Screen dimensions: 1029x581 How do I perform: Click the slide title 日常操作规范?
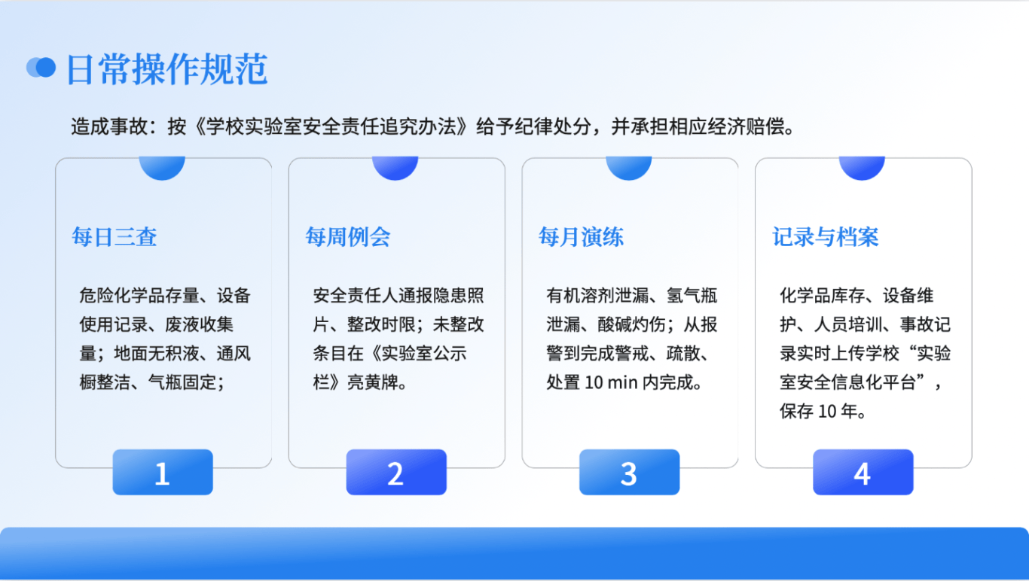tap(167, 68)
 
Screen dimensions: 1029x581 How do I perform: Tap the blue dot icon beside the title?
tap(41, 68)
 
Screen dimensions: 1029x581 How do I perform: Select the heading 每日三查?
tap(115, 237)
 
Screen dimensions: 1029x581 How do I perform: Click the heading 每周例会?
tap(348, 237)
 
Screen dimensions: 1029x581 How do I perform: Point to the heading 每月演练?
tap(581, 237)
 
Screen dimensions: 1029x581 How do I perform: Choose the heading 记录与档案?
tap(826, 237)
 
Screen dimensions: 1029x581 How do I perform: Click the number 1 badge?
tap(163, 472)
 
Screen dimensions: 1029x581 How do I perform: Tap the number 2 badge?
tap(396, 472)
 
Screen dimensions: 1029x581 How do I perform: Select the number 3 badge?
tap(629, 472)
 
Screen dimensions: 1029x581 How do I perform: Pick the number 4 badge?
tap(863, 472)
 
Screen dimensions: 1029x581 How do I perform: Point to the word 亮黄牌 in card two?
tap(373, 382)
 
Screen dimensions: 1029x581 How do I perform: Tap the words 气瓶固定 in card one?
tap(182, 382)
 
